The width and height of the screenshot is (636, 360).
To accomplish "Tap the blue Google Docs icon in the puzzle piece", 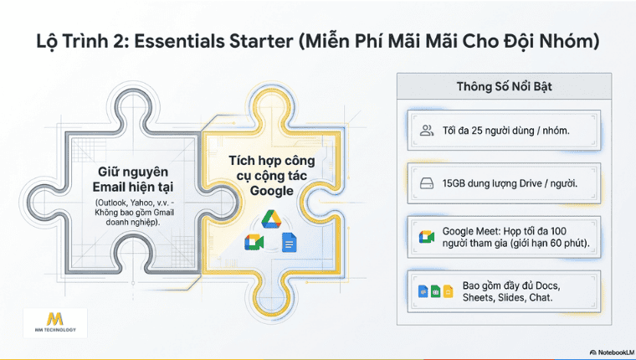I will pyautogui.click(x=290, y=242).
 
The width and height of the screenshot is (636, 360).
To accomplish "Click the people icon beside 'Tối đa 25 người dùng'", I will pyautogui.click(x=426, y=131).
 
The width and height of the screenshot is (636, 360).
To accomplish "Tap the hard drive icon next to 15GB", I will pyautogui.click(x=426, y=183).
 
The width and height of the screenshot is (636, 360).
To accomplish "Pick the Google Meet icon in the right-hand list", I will pyautogui.click(x=426, y=237).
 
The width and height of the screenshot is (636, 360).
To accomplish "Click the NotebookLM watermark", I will pyautogui.click(x=601, y=352).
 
